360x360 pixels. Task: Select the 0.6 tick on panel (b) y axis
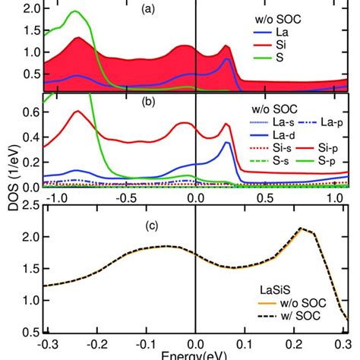(29, 112)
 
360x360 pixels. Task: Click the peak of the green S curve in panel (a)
(75, 12)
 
